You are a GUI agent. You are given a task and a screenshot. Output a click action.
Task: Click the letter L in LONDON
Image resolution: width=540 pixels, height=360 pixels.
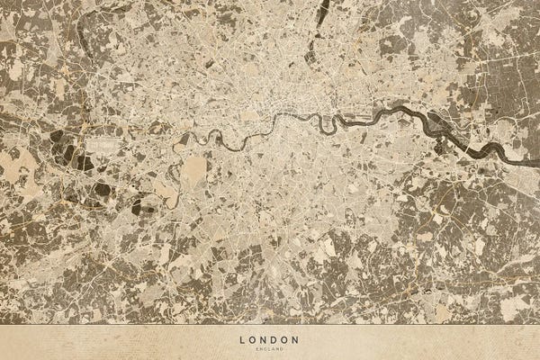pyautogui.click(x=242, y=340)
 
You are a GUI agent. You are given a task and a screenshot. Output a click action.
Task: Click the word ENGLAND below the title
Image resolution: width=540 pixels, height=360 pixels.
pyautogui.click(x=270, y=348)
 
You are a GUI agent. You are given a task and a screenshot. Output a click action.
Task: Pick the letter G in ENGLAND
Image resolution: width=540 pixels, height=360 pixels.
pyautogui.click(x=265, y=348)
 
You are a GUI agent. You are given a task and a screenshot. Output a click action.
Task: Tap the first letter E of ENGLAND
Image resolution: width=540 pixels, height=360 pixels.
pyautogui.click(x=257, y=348)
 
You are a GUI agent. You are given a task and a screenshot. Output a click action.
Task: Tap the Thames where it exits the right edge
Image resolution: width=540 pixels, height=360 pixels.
pyautogui.click(x=536, y=166)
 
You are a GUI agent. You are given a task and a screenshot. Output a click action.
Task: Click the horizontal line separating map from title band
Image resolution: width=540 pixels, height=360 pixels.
pyautogui.click(x=270, y=325)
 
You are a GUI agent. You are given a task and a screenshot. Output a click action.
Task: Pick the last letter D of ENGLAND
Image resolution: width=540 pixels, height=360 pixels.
pyautogui.click(x=283, y=348)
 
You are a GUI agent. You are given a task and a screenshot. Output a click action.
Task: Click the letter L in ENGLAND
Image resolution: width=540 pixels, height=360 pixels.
pyautogui.click(x=268, y=348)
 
